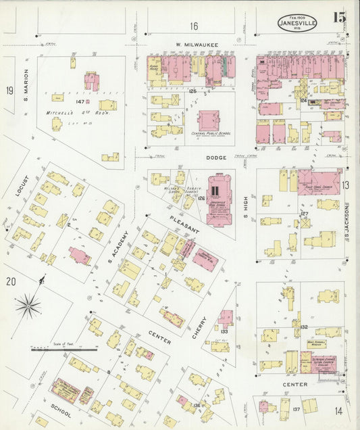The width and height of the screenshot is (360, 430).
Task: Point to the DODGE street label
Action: tap(199, 157)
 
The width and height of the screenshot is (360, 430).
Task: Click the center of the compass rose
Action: tap(28, 307)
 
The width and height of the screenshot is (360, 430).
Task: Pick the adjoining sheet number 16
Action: tap(194, 26)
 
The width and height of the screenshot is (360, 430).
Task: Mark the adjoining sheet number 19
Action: tap(9, 91)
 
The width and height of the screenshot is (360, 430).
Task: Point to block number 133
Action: tap(224, 332)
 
